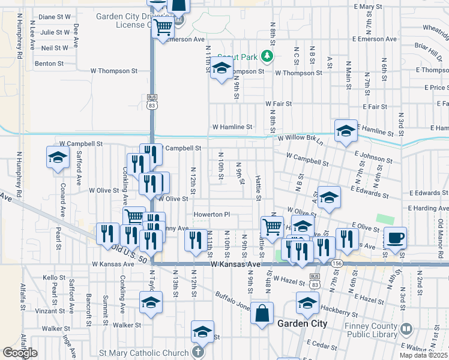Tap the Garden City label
(302, 323)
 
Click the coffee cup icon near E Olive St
(396, 238)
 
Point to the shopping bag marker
(262, 313)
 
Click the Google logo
(19, 353)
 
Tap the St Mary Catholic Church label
(149, 352)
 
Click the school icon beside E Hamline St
(346, 131)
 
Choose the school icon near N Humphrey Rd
(58, 158)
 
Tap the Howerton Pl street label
(211, 214)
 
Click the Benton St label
(49, 63)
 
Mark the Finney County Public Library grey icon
(406, 329)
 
